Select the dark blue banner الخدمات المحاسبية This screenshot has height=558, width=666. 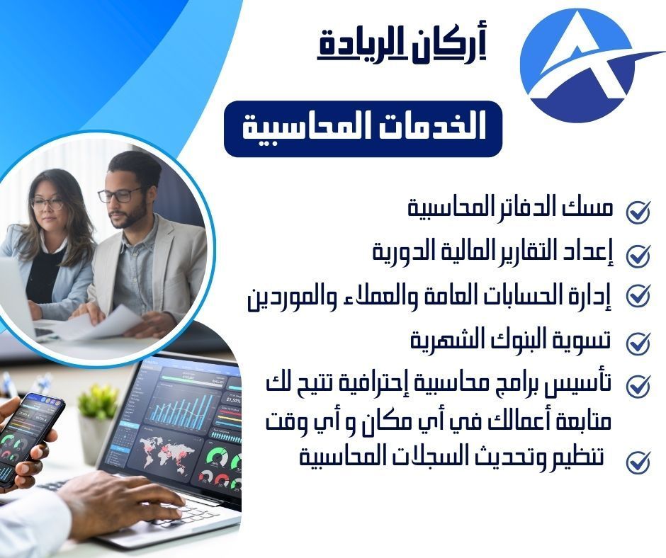point(363,129)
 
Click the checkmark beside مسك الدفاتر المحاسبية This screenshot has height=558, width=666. point(638,212)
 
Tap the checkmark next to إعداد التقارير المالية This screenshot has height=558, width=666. point(638,255)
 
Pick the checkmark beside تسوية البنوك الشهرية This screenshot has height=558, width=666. point(638,342)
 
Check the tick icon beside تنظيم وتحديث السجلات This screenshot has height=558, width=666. point(638,461)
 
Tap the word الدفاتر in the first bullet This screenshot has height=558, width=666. point(513,208)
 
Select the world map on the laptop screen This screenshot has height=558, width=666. point(166,453)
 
